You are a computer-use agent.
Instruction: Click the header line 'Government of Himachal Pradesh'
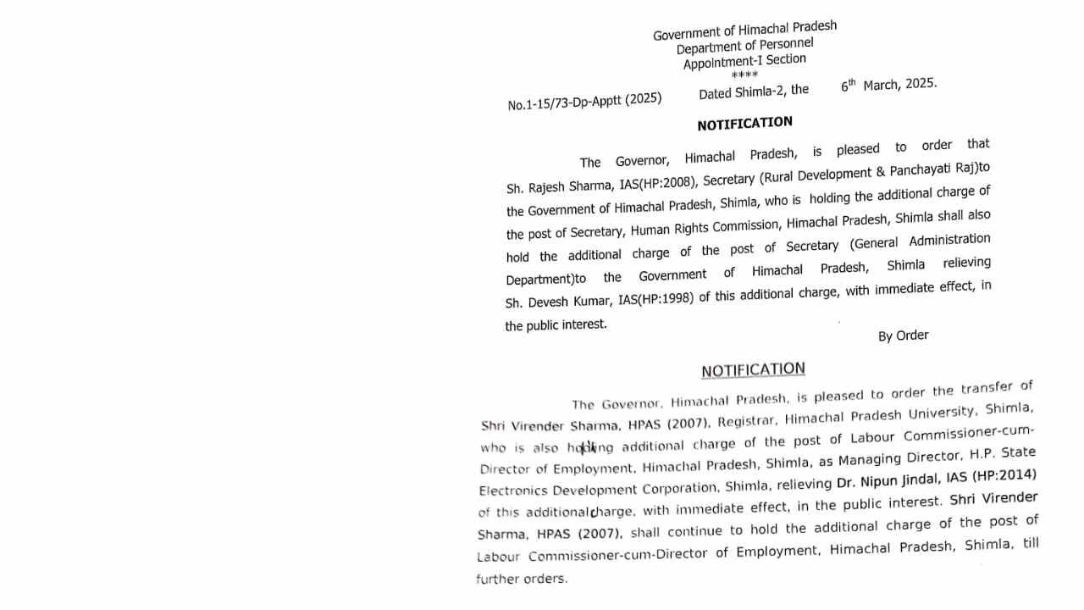pyautogui.click(x=744, y=30)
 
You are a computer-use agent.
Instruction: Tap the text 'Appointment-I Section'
pyautogui.click(x=744, y=61)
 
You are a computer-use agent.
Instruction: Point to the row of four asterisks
pyautogui.click(x=744, y=75)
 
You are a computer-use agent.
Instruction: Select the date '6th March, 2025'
pyautogui.click(x=888, y=85)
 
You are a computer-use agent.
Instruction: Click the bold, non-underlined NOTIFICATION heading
pyautogui.click(x=744, y=124)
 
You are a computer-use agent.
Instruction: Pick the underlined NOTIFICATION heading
pyautogui.click(x=753, y=370)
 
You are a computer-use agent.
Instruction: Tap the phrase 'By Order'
pyautogui.click(x=903, y=335)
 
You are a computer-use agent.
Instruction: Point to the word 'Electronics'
pyautogui.click(x=512, y=491)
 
